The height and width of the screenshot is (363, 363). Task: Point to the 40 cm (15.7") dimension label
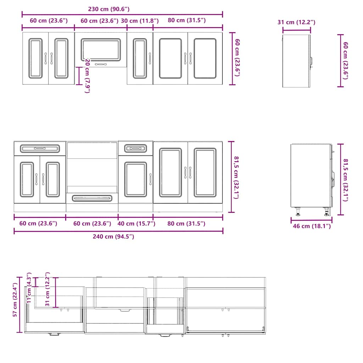pos(136,224)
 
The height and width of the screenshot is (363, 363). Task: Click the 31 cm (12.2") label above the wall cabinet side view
pos(296,22)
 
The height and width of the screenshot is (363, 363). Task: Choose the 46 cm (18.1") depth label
pos(311,226)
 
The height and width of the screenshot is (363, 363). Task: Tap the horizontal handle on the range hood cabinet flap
pos(101,64)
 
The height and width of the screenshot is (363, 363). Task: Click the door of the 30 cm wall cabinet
pos(140,58)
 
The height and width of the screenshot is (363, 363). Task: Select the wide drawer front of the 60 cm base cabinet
pos(40,148)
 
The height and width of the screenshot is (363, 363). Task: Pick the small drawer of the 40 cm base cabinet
pos(136,147)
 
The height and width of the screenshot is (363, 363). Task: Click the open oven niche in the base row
pos(92,167)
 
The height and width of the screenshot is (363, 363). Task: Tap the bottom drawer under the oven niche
pos(92,198)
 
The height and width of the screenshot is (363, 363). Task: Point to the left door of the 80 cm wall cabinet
pos(171,58)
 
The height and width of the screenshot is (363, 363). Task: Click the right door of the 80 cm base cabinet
pos(205,172)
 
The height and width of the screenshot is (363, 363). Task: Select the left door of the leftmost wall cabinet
pos(35,58)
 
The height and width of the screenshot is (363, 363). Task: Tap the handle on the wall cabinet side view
pos(311,62)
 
